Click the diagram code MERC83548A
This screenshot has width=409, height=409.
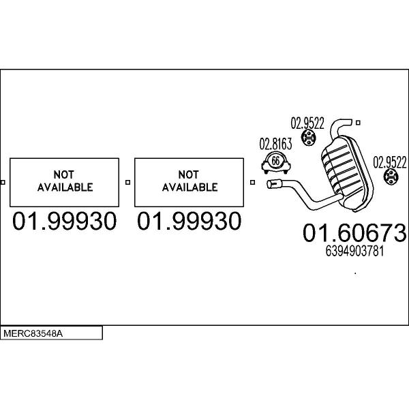(x=33, y=333)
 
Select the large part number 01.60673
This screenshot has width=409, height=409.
(x=354, y=232)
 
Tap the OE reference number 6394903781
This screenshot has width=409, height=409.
(x=354, y=251)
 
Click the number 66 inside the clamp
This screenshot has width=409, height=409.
(x=275, y=161)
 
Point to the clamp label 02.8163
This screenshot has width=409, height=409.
(x=275, y=144)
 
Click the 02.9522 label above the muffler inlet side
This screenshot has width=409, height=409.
(x=307, y=123)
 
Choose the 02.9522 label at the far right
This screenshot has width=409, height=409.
(x=390, y=162)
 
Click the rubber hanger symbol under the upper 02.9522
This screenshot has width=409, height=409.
(x=309, y=138)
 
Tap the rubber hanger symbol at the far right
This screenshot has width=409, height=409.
(x=391, y=177)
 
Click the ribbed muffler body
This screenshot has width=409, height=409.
(x=347, y=173)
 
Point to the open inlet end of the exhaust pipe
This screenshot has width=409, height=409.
(x=269, y=184)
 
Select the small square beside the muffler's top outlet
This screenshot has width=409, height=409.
(x=358, y=123)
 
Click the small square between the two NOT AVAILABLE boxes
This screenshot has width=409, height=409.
(x=128, y=182)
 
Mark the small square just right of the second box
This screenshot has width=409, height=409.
(x=252, y=182)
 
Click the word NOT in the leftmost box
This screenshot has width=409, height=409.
(x=64, y=175)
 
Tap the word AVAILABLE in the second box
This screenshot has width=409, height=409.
(x=190, y=187)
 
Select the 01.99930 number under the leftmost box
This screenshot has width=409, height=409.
(x=64, y=221)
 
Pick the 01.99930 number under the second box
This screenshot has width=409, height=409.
(x=189, y=221)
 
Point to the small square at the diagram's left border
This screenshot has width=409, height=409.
(x=3, y=182)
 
